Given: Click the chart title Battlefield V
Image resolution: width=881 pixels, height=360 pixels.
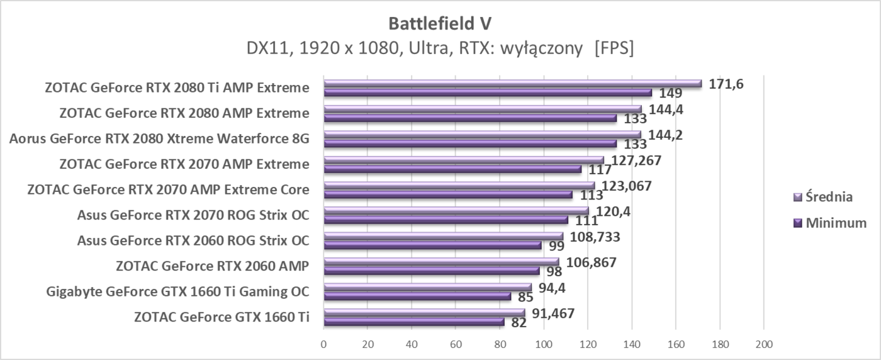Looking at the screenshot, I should pos(441,23).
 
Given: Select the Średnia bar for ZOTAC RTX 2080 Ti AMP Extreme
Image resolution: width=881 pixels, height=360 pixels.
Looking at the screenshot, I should pos(512,83).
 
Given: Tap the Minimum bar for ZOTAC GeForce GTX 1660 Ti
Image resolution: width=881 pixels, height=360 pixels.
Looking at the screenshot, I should pos(414,322).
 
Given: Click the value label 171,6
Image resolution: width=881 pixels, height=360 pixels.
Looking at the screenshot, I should pos(726,84).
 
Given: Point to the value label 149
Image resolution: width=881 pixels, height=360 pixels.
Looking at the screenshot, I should pos(671,93).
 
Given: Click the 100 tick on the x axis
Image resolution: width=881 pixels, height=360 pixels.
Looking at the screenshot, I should pos(544,344).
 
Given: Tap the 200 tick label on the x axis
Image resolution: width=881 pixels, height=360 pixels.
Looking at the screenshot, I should pos(763,344).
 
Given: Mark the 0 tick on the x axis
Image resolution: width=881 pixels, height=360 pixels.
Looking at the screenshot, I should pos(323,344).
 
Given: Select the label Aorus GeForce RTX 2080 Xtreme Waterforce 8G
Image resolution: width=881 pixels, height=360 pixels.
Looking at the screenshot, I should pos(159,138).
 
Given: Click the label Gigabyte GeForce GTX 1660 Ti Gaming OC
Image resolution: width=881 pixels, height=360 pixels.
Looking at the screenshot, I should pos(177,291).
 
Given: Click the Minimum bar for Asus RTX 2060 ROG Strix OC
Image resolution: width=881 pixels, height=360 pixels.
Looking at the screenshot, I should pos(432,245).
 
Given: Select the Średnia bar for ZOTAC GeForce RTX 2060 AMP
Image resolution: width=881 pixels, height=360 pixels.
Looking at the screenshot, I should pos(441,262).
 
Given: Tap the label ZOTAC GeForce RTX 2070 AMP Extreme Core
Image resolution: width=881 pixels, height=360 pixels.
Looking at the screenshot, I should pos(168,189).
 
